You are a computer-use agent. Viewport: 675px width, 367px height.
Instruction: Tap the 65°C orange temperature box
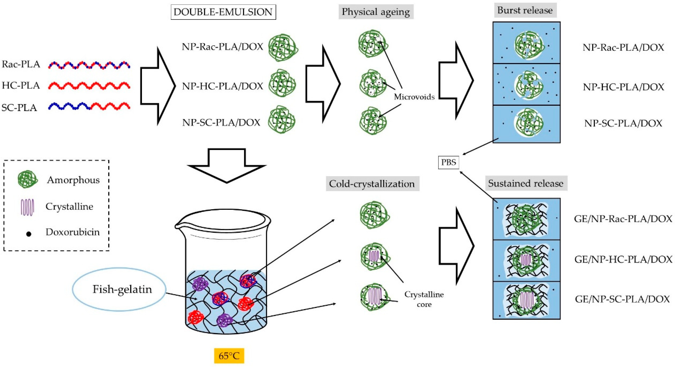click(229, 356)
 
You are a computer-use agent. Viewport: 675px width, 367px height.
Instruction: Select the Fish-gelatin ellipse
click(119, 289)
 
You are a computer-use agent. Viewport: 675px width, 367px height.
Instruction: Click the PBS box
click(448, 162)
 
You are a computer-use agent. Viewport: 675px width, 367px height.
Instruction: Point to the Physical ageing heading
click(376, 12)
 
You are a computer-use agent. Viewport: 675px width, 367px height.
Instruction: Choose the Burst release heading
click(525, 10)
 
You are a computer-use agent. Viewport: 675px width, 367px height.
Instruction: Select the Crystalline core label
click(424, 299)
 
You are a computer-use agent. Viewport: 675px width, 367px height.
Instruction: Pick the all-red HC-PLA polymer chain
click(89, 86)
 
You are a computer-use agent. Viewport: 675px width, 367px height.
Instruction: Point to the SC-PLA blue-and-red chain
click(89, 106)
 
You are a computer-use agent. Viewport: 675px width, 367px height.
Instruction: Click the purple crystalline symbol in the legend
click(27, 207)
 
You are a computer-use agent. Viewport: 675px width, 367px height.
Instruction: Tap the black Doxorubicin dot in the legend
click(29, 234)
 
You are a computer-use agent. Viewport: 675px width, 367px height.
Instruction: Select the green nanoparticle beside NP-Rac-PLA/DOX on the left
click(283, 48)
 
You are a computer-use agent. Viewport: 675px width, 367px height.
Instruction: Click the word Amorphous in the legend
click(73, 180)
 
